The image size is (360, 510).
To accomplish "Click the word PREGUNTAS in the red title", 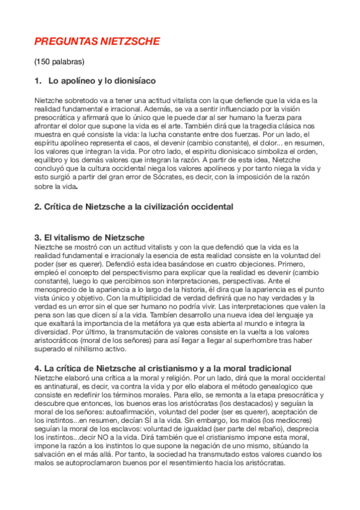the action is (63, 41).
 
